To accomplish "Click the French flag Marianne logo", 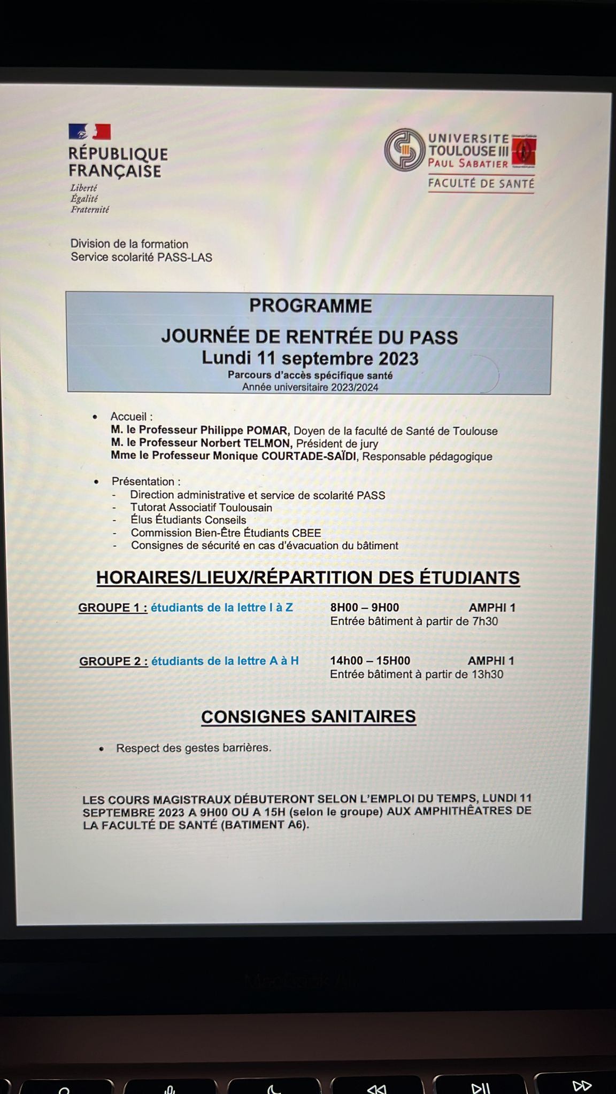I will (89, 132).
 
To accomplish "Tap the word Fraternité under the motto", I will (89, 210).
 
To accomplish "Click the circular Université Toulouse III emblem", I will (404, 150).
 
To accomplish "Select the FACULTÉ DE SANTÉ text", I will (481, 184).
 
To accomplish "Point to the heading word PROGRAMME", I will (310, 306).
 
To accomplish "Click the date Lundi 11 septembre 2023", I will (310, 358).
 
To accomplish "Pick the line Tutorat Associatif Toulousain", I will (201, 507).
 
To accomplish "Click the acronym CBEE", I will (306, 533).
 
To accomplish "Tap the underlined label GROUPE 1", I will (112, 608).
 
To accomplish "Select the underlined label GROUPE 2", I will (113, 661).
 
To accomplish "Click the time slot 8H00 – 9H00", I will (364, 607).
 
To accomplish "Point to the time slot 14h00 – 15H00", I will (369, 661).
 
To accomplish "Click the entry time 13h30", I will (487, 674).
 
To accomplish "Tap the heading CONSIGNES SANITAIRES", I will (308, 717).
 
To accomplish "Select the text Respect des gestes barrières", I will (194, 748).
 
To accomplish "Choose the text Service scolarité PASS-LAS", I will (141, 257).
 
